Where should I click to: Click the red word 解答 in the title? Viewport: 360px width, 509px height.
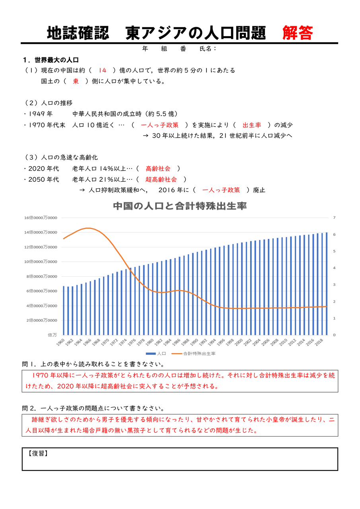point(298,33)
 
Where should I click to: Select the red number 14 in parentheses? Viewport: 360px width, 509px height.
point(102,70)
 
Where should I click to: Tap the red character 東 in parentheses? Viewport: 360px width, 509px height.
point(76,81)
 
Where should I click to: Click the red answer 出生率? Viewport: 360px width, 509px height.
point(252,125)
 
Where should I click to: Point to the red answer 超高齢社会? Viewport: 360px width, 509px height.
point(161,179)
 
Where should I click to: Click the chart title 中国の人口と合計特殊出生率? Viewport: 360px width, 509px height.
point(180,206)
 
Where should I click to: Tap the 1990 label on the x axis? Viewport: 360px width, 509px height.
point(195,342)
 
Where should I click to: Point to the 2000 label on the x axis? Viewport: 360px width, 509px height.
point(239,342)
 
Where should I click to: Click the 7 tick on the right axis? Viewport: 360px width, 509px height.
point(335,218)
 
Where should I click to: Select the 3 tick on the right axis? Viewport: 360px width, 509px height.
point(335,285)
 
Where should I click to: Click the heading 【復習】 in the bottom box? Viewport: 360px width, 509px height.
point(38,453)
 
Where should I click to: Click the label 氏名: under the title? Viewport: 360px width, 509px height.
point(208,49)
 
